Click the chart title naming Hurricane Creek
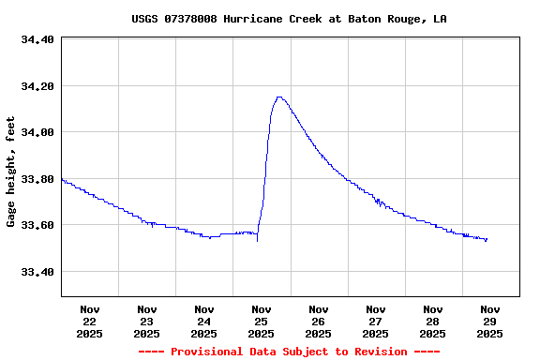click(289, 19)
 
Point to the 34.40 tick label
click(37, 40)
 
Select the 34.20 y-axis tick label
click(37, 86)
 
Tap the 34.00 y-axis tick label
click(37, 132)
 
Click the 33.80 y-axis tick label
click(37, 179)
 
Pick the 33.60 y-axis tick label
click(37, 225)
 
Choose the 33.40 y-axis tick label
click(37, 272)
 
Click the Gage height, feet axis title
click(11, 172)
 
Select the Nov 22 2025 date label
click(90, 321)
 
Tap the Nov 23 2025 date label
click(147, 321)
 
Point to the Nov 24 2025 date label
click(204, 321)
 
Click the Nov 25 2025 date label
click(262, 321)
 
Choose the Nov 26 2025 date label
click(319, 321)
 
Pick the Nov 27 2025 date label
click(376, 321)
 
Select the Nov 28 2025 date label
click(433, 321)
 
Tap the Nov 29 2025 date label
click(490, 321)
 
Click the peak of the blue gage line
click(278, 97)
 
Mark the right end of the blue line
click(487, 239)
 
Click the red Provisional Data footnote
click(289, 352)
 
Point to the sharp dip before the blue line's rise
click(257, 241)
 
